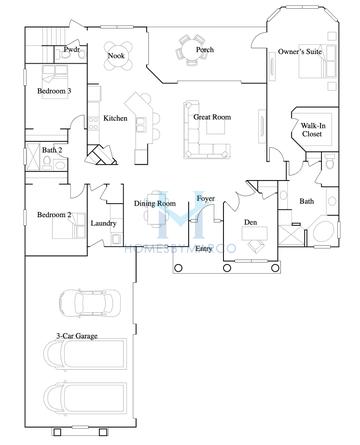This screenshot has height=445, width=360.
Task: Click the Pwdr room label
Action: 71,49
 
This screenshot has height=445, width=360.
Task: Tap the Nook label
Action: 116,56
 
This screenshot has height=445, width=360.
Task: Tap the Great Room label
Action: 212,117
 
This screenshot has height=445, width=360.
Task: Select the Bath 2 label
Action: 53,150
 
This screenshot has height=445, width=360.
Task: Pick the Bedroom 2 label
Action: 54,214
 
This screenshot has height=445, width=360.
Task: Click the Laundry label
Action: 104,224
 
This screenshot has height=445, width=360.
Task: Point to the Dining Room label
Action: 156,205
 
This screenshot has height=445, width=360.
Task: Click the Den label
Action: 250,223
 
